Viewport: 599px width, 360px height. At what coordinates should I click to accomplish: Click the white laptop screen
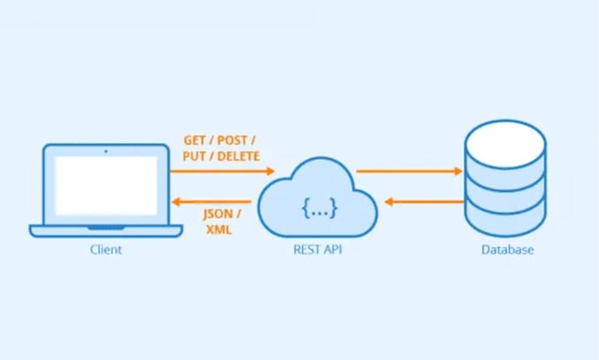106,187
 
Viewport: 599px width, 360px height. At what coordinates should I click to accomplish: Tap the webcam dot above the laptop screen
106,151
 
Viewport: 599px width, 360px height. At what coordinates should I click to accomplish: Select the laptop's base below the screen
106,231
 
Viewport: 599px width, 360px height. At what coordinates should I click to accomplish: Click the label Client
106,250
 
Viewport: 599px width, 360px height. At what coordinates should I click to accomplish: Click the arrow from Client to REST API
224,172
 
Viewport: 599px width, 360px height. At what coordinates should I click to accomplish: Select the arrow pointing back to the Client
211,201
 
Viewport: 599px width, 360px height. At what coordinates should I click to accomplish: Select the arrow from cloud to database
410,172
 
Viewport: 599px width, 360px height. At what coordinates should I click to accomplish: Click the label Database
507,250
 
